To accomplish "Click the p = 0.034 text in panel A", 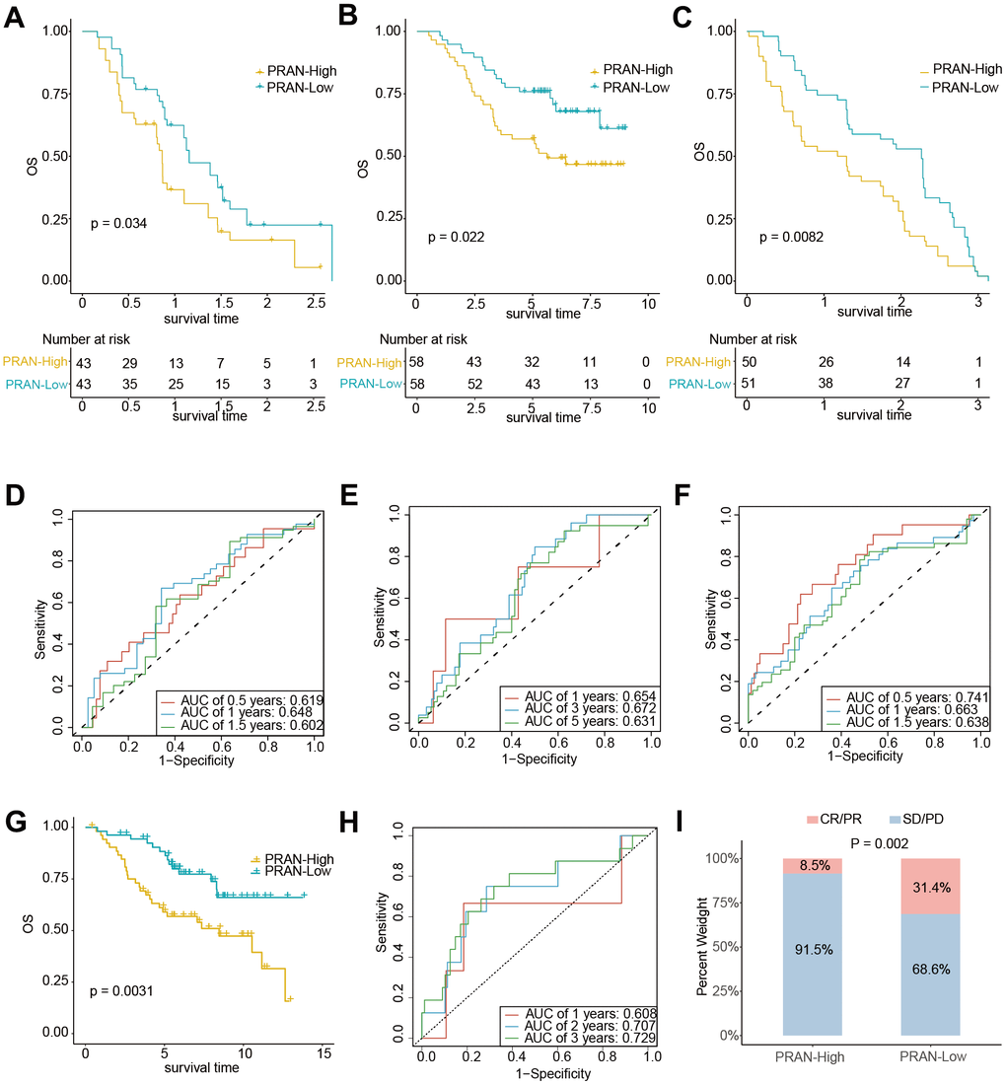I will point(118,224).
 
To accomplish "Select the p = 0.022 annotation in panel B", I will point(456,237).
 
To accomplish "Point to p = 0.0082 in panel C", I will point(792,237).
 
